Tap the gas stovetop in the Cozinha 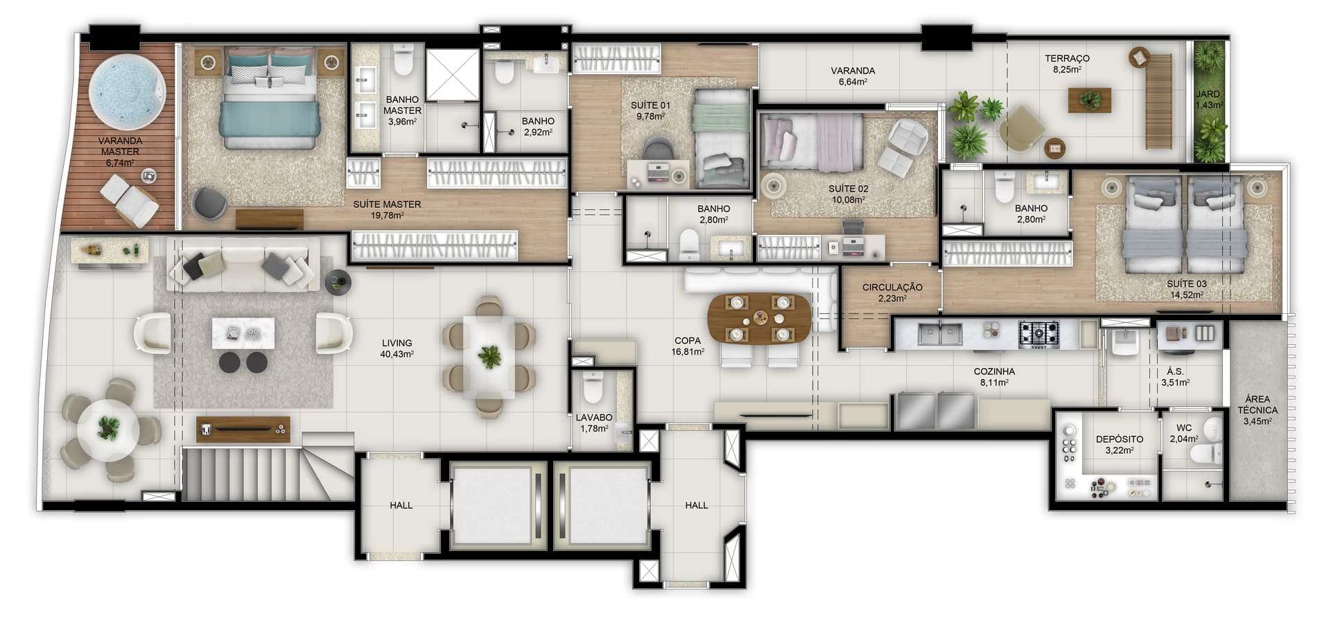(x=1038, y=335)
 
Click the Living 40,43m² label (x=397, y=349)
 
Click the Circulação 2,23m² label (x=892, y=292)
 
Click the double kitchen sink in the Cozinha (x=940, y=334)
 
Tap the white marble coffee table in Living (x=243, y=333)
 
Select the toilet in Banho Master (x=403, y=60)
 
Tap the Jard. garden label (x=1209, y=100)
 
